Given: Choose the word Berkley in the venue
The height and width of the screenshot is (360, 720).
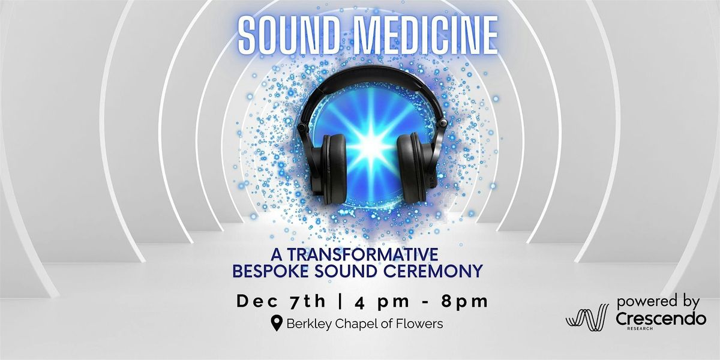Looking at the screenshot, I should click(x=310, y=324).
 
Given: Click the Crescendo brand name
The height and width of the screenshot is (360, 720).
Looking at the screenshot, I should click(x=660, y=320).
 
